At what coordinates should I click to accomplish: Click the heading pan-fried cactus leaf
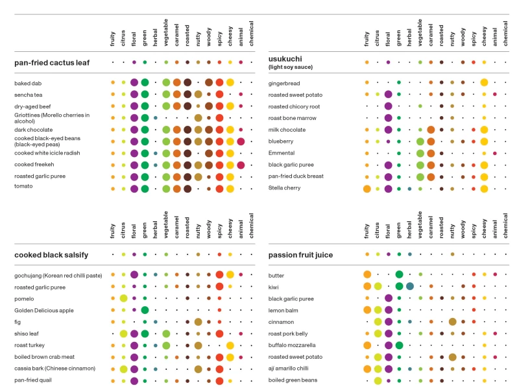coord(52,63)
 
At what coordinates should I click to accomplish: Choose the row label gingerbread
coord(286,84)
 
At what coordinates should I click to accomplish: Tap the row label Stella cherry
coord(286,188)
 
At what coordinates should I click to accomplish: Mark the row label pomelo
coord(26,298)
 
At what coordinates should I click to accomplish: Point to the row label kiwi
coord(275,287)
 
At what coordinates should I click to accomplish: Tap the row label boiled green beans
coord(293,380)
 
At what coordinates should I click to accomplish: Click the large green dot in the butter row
coord(399,275)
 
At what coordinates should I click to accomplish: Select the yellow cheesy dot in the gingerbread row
coord(484,83)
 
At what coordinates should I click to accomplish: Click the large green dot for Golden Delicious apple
coord(145,310)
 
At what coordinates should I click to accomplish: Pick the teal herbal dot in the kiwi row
coord(409,286)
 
